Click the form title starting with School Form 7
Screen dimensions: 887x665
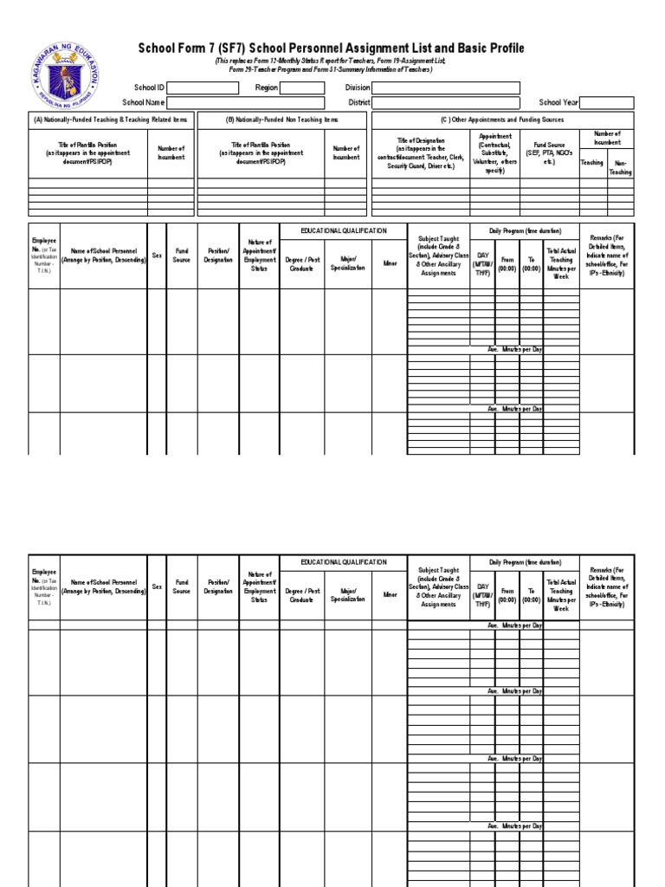pyautogui.click(x=332, y=49)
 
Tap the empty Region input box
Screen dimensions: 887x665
pyautogui.click(x=302, y=87)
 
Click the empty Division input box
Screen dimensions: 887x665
pyautogui.click(x=446, y=87)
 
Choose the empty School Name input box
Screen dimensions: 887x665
pyautogui.click(x=245, y=102)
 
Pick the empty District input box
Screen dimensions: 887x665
pyautogui.click(x=446, y=102)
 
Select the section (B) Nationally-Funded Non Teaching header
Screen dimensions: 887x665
pyautogui.click(x=282, y=120)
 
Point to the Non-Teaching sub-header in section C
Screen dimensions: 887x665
pyautogui.click(x=620, y=167)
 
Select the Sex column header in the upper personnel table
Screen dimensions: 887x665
pyautogui.click(x=157, y=256)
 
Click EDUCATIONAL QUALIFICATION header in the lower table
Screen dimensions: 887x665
pyautogui.click(x=343, y=562)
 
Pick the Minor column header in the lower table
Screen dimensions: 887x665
pyautogui.click(x=390, y=595)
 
